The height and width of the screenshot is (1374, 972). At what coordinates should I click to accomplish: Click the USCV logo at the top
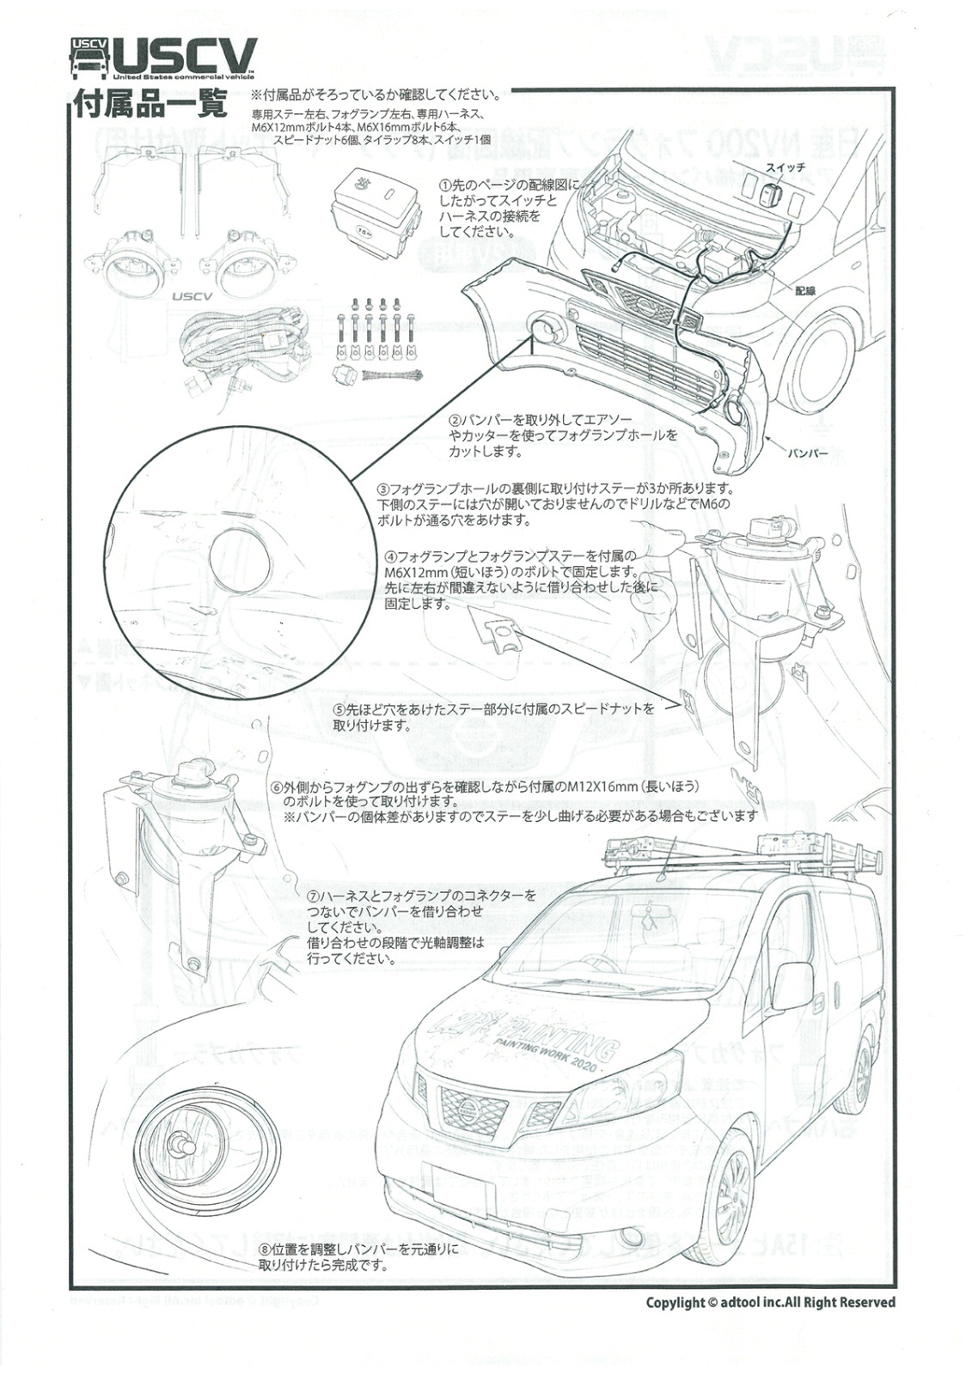coord(163,58)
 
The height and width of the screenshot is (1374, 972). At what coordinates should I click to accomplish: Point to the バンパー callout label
coord(808,452)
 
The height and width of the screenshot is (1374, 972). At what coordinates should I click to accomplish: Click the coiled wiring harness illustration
coord(245,348)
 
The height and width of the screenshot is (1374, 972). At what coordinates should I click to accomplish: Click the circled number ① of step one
coord(444,185)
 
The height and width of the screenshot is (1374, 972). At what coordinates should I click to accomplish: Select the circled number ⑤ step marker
coord(339,710)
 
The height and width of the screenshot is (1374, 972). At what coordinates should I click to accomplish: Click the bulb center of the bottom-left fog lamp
coord(181,1145)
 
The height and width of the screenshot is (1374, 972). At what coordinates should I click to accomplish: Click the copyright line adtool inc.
coord(770,1303)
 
